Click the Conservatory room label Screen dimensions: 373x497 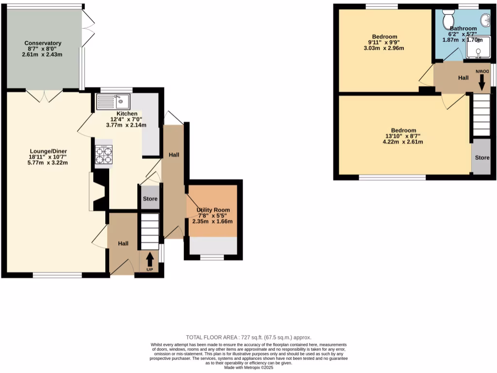43,43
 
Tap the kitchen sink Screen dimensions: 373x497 113,102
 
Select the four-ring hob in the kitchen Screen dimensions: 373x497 103,155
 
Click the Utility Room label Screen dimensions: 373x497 213,210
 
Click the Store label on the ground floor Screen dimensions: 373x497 150,199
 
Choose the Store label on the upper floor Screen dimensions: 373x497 482,158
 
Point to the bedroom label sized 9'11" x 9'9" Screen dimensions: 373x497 385,37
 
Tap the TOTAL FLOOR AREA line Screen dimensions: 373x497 248,337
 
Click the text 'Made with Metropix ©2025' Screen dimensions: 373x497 248,368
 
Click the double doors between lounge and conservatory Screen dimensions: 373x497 44,96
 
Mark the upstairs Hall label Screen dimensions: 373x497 463,78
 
